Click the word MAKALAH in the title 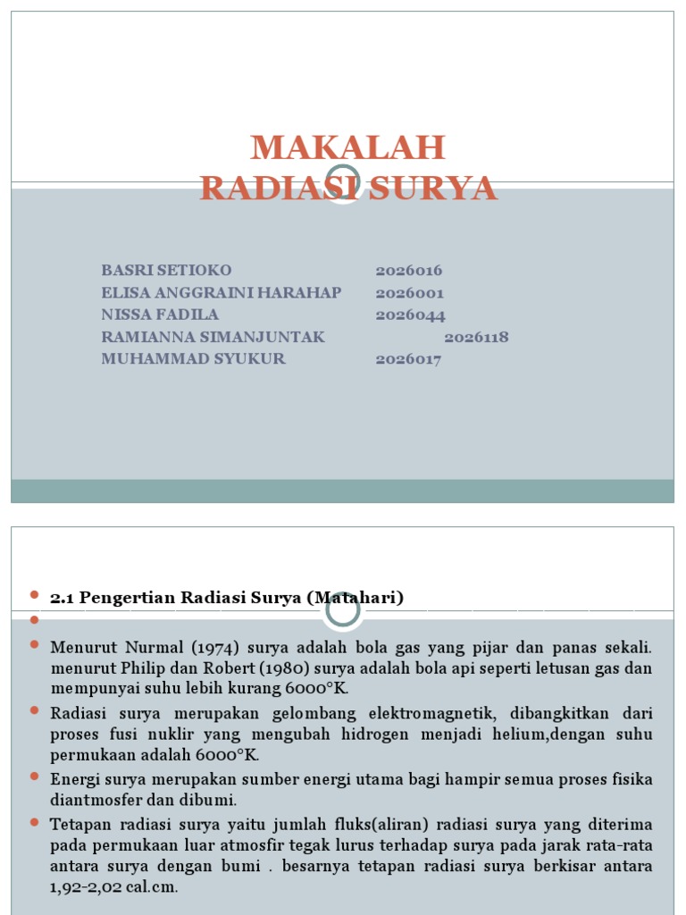tap(347, 147)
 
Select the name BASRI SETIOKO tap(167, 270)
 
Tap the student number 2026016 tap(409, 271)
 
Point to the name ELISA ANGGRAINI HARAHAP tap(222, 292)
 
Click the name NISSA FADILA tap(160, 315)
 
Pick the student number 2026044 tap(410, 315)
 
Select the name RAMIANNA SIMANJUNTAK tap(213, 337)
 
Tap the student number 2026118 tap(476, 337)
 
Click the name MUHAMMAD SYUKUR tap(194, 359)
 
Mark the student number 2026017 tap(408, 360)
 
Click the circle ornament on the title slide tap(343, 183)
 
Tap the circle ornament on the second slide tap(343, 610)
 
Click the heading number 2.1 tap(63, 598)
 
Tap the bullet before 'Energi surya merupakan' tap(35, 777)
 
